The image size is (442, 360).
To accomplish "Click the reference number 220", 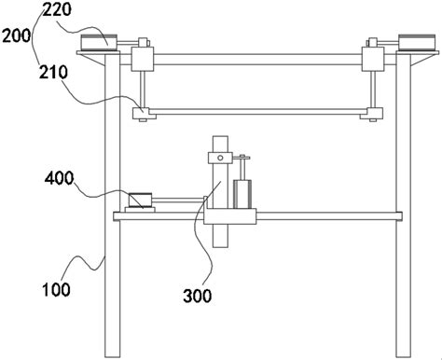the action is [x=57, y=9].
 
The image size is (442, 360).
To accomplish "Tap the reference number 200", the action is [x=17, y=35].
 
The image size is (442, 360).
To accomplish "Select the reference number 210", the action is [x=53, y=72].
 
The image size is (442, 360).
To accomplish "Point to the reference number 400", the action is [x=60, y=178].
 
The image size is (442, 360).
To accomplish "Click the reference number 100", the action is [x=56, y=289].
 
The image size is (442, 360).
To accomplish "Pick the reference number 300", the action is [x=198, y=296].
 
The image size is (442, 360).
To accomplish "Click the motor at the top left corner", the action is [x=99, y=42].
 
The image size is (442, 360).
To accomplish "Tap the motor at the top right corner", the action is [x=417, y=42].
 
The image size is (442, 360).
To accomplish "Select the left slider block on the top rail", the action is [x=143, y=59].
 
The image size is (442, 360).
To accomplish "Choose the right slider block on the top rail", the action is [x=373, y=59].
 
